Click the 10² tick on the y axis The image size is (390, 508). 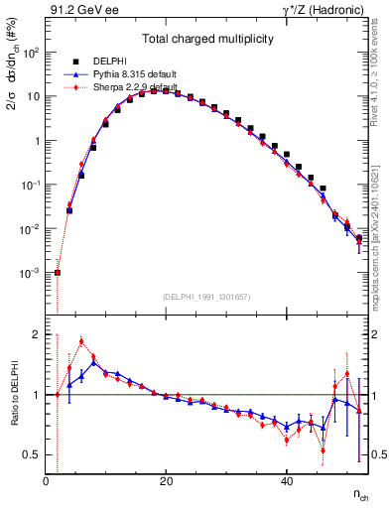click(x=32, y=53)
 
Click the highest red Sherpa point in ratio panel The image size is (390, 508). click(x=81, y=341)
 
